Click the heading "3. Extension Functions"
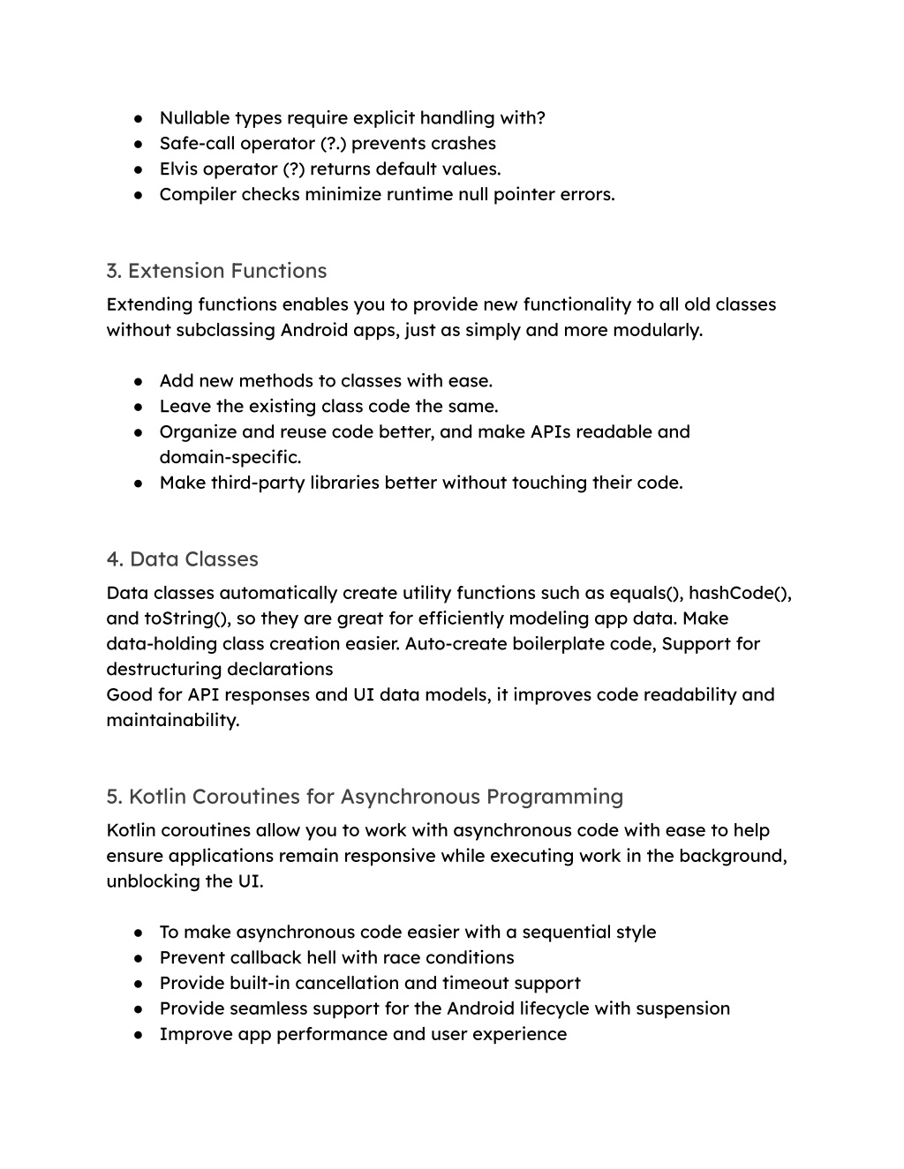click(x=216, y=271)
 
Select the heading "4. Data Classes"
click(x=182, y=559)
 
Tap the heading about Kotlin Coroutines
click(x=365, y=797)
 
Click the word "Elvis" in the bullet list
click(x=178, y=169)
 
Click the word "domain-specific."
click(x=230, y=457)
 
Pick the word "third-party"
click(x=257, y=483)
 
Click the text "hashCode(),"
click(x=740, y=593)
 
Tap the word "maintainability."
click(x=173, y=720)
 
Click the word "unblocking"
click(x=149, y=881)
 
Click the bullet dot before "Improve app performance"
click(x=139, y=1034)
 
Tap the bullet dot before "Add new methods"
click(x=139, y=381)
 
